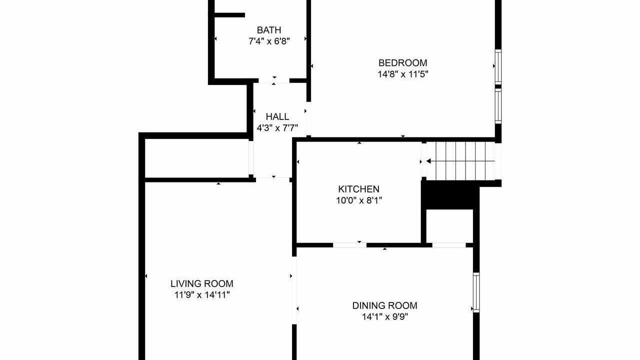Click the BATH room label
(269, 30)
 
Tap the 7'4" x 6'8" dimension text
(269, 41)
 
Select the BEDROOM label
(402, 63)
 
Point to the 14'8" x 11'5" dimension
(402, 74)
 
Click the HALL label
(277, 116)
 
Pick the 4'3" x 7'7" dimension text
(277, 128)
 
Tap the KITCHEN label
(358, 189)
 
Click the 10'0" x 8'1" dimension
(358, 200)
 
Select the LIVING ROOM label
(201, 283)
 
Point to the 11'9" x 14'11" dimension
(201, 295)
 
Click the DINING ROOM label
(384, 305)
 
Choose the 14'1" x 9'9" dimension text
(384, 317)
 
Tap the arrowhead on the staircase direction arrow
(428, 161)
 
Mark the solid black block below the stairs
(448, 195)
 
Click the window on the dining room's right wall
(476, 292)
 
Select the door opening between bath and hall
(274, 80)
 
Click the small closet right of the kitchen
(449, 226)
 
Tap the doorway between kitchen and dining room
(349, 244)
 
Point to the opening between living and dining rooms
(294, 290)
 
